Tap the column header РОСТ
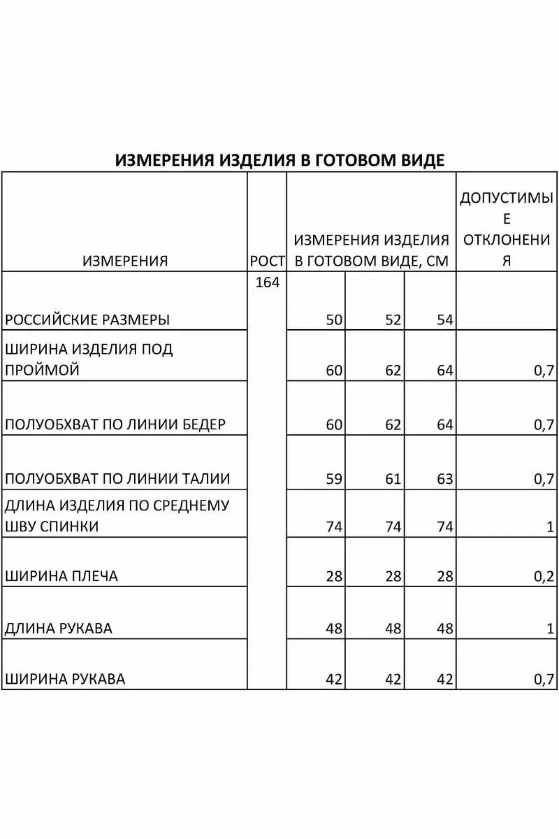coord(267,261)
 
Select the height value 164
coord(267,282)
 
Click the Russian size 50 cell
coord(334,320)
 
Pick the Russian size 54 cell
coord(445,320)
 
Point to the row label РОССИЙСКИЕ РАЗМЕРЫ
coord(87,320)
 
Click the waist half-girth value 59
coord(334,479)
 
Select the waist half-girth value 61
coord(393,479)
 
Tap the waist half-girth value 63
coord(445,479)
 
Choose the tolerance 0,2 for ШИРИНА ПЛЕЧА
coord(544,576)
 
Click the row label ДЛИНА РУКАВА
coord(59,628)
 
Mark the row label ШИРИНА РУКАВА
coord(65,679)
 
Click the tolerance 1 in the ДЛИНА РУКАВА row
coord(550,628)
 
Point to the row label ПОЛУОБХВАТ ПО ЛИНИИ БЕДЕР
coord(115,425)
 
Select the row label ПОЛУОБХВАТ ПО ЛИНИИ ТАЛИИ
coord(117,479)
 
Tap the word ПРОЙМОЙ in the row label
coord(42,370)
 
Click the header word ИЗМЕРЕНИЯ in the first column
coord(125,261)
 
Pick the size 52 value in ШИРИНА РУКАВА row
coord(393,679)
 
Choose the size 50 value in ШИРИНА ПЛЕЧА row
coord(334,576)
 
